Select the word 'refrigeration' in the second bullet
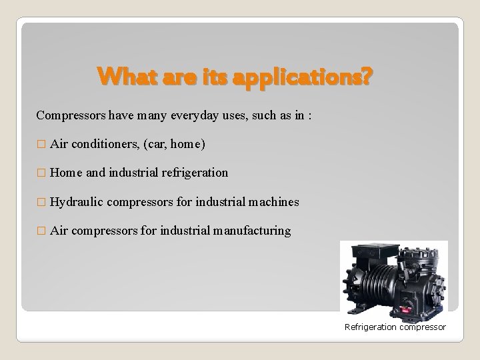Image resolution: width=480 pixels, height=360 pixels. pos(194,173)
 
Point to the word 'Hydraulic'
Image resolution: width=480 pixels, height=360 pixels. pos(76,201)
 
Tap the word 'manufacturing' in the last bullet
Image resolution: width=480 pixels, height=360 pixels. pos(252,231)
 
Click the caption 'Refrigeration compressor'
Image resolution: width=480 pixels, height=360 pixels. pos(395,327)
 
